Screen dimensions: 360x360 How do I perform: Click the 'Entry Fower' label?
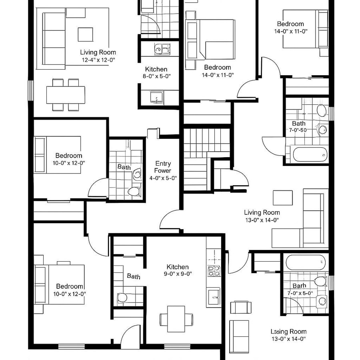coord(163,167)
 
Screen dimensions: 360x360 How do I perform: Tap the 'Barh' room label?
coord(299,286)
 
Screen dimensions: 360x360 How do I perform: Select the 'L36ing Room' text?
coord(288,331)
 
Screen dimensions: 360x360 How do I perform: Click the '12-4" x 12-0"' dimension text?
coord(98,60)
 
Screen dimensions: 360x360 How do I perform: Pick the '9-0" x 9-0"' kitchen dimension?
coord(178,274)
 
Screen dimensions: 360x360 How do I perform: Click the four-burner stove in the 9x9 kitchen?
coord(213,271)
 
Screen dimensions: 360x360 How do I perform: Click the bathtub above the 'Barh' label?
coord(306,262)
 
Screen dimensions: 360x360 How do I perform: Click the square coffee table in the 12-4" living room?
coord(85,34)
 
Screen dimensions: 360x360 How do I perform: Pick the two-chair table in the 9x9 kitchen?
coord(176,318)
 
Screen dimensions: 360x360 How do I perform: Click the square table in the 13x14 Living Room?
coord(283,197)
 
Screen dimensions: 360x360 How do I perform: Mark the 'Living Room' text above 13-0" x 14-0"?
coord(262,212)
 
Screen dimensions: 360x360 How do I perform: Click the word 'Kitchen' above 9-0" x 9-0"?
coord(178,267)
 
